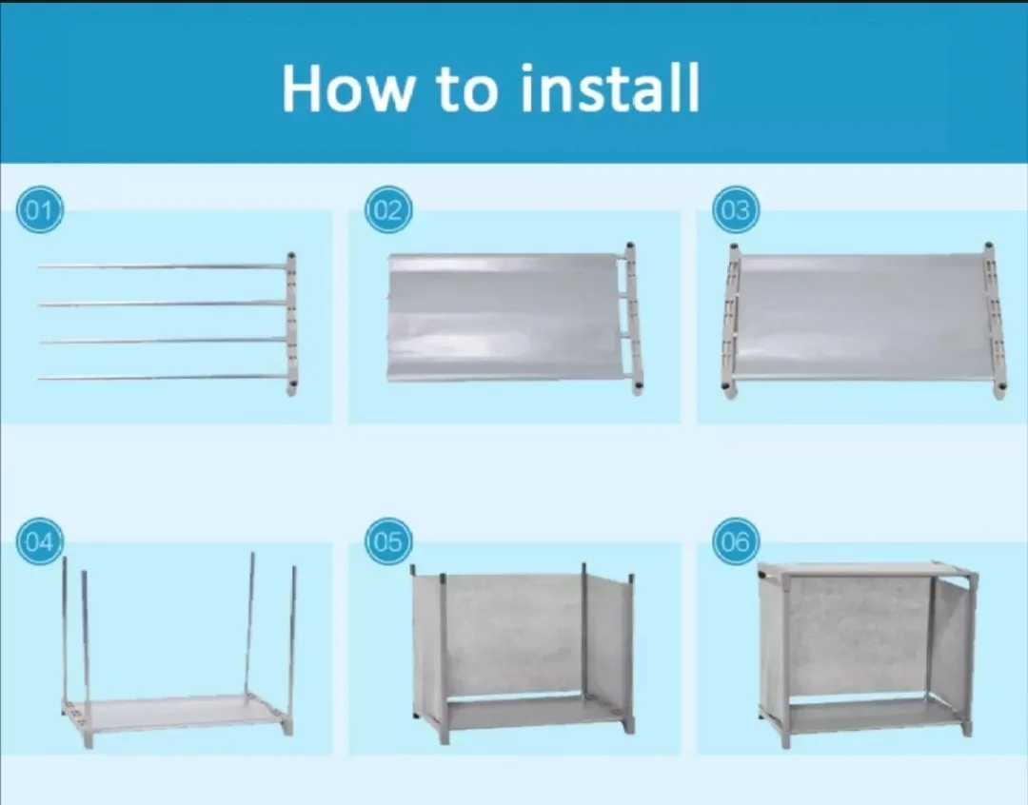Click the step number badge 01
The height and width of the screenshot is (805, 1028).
click(40, 210)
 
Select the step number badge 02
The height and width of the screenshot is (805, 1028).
click(387, 210)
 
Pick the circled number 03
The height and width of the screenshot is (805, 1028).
click(736, 210)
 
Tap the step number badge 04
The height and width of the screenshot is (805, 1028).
click(40, 542)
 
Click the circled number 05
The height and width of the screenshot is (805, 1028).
click(387, 542)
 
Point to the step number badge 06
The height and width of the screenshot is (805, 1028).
click(736, 542)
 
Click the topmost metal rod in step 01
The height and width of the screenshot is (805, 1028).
click(162, 266)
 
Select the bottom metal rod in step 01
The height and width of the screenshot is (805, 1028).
click(162, 378)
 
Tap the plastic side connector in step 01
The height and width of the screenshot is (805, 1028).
click(291, 324)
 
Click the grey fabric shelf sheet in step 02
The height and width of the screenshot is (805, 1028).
click(504, 317)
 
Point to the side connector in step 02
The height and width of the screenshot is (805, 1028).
click(633, 319)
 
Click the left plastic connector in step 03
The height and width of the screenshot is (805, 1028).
click(731, 322)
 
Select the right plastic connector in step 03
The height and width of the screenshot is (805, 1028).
click(995, 322)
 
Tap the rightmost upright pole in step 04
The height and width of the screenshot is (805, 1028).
click(292, 638)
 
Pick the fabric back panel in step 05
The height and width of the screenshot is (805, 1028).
click(514, 633)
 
